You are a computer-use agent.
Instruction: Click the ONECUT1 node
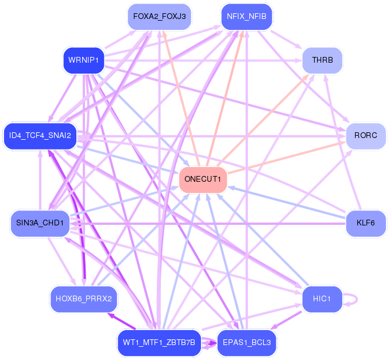pyautogui.click(x=203, y=180)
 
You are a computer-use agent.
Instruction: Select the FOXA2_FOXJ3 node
pyautogui.click(x=160, y=17)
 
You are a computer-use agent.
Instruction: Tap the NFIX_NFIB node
pyautogui.click(x=246, y=17)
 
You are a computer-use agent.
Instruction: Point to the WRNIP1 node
pyautogui.click(x=84, y=60)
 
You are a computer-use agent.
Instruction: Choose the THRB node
pyautogui.click(x=322, y=60)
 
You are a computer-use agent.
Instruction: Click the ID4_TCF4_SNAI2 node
pyautogui.click(x=40, y=136)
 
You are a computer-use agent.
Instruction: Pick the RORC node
pyautogui.click(x=366, y=136)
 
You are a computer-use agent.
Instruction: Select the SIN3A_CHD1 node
pyautogui.click(x=40, y=223)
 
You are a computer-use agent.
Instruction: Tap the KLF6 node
pyautogui.click(x=366, y=223)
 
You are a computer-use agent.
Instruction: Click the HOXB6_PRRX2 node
pyautogui.click(x=84, y=299)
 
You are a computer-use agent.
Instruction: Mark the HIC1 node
pyautogui.click(x=322, y=299)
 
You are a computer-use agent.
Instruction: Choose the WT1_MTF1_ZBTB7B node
pyautogui.click(x=160, y=343)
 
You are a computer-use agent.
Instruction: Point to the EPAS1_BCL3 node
pyautogui.click(x=246, y=343)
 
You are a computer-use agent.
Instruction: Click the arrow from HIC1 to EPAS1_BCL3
pyautogui.click(x=286, y=320)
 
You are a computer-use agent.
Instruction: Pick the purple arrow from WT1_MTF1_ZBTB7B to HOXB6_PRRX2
pyautogui.click(x=121, y=321)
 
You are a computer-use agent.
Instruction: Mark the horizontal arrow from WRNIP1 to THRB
pyautogui.click(x=203, y=60)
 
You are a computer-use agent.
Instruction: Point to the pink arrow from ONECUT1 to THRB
pyautogui.click(x=263, y=120)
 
